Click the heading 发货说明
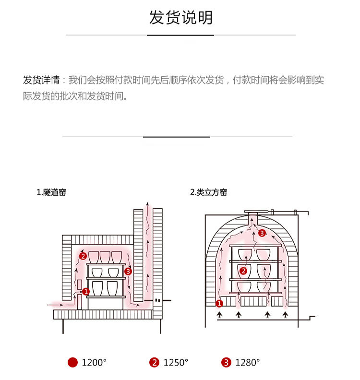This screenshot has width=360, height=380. (x=180, y=18)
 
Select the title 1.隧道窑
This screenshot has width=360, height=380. (x=51, y=192)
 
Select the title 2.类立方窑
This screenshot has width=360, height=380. (x=208, y=192)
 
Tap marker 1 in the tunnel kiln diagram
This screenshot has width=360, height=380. (x=86, y=291)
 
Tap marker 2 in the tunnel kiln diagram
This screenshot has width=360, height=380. (x=83, y=256)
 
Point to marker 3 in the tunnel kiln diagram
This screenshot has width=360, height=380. (x=128, y=272)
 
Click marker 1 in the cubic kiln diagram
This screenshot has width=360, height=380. (x=219, y=303)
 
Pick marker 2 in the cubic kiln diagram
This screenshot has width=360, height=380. (x=243, y=271)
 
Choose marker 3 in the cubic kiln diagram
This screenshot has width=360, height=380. (x=262, y=233)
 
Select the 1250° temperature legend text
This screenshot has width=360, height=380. (x=176, y=363)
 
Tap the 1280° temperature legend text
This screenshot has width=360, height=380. (x=247, y=363)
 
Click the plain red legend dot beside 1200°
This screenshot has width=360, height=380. (x=72, y=363)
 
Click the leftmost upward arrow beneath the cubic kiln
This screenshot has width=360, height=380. (x=220, y=315)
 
